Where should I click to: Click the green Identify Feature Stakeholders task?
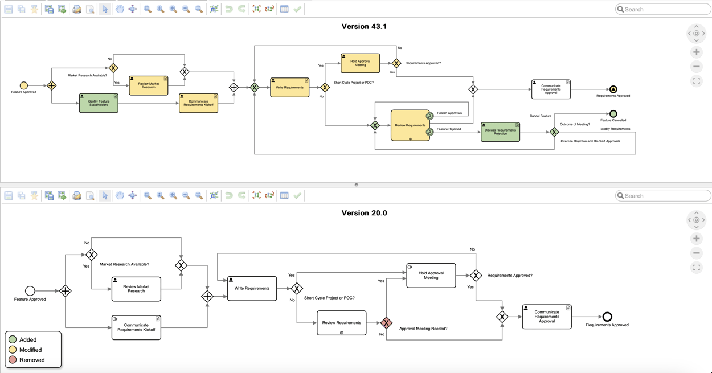[x=99, y=103]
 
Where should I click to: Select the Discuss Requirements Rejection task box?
[x=500, y=132]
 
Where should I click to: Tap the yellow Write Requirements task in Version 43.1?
[x=289, y=88]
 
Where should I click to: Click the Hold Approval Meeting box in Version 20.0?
[x=431, y=276]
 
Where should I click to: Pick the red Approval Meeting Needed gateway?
[x=386, y=323]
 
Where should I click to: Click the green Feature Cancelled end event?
[x=613, y=114]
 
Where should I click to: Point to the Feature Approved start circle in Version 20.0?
[x=30, y=291]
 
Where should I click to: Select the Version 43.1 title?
[x=364, y=26]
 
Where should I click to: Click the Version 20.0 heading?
[x=364, y=213]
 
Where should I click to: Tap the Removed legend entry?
[x=31, y=360]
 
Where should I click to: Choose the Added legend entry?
[x=27, y=339]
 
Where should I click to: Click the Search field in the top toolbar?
[x=664, y=9]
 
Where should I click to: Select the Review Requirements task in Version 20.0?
[x=341, y=323]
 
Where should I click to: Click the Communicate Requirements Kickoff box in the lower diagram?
[x=136, y=327]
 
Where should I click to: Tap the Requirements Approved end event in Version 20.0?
[x=607, y=317]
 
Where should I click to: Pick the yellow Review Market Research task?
[x=148, y=85]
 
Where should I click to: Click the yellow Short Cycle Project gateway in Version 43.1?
[x=325, y=88]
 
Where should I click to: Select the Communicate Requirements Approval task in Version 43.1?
[x=551, y=89]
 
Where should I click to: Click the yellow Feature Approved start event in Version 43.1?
[x=24, y=85]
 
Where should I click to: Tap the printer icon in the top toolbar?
[x=77, y=9]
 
